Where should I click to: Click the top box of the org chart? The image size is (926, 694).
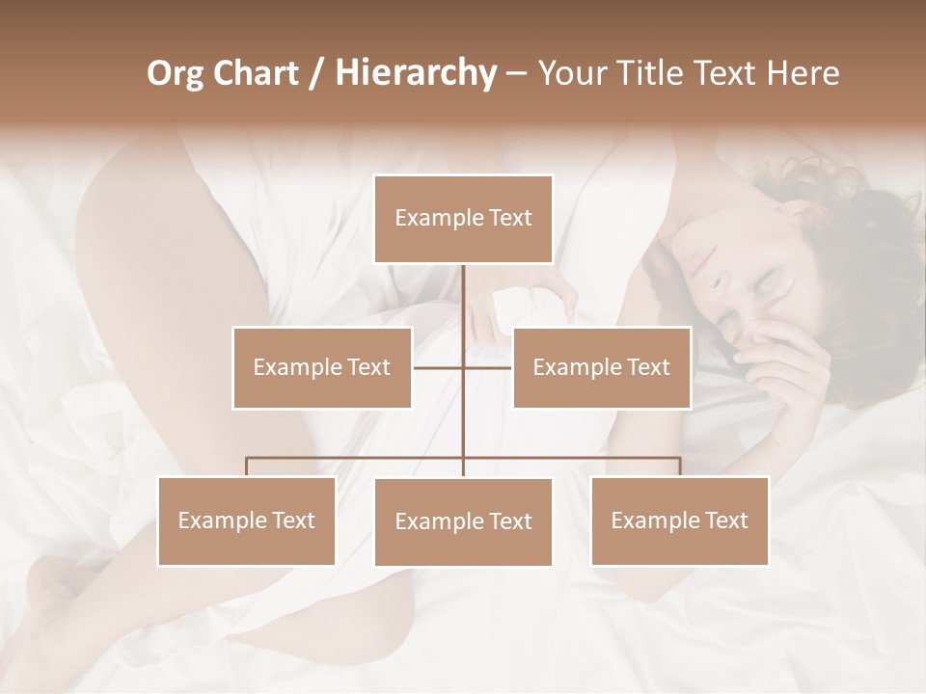point(463,219)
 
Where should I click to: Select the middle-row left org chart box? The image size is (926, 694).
point(322,367)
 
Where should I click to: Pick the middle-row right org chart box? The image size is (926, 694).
point(601,367)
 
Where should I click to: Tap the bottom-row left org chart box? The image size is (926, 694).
point(247,520)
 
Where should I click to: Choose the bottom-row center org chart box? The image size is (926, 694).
point(463,521)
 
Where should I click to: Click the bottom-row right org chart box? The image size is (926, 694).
point(679,520)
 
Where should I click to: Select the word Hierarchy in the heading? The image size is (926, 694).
point(415,73)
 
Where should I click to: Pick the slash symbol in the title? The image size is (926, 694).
point(316,73)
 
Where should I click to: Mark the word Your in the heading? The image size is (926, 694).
point(571,73)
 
